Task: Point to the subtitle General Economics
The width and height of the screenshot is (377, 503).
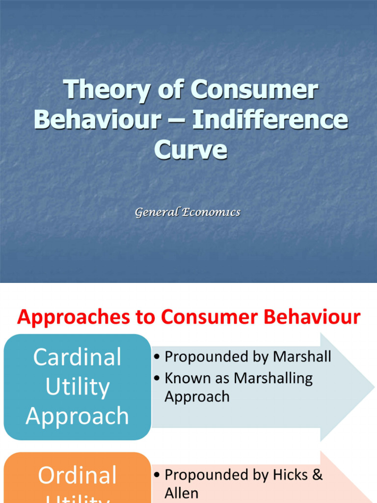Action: pos(188,212)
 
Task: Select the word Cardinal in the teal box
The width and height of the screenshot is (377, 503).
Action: pos(77,357)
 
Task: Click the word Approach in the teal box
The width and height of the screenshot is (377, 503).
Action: pos(77,416)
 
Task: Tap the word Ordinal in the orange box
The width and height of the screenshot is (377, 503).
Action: pos(77,475)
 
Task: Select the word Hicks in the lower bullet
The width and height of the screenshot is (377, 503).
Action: pos(290,475)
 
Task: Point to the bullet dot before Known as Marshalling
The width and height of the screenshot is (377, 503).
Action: pos(157,379)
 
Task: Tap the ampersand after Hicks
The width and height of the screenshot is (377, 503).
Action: pos(317,475)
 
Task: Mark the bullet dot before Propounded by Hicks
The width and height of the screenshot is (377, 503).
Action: pos(157,475)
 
